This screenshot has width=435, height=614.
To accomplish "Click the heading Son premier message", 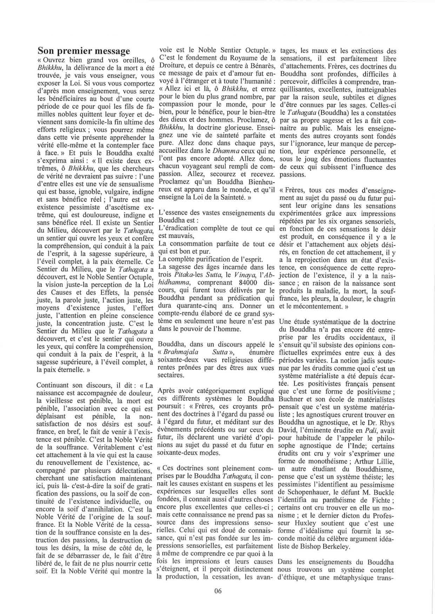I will (85, 51).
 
